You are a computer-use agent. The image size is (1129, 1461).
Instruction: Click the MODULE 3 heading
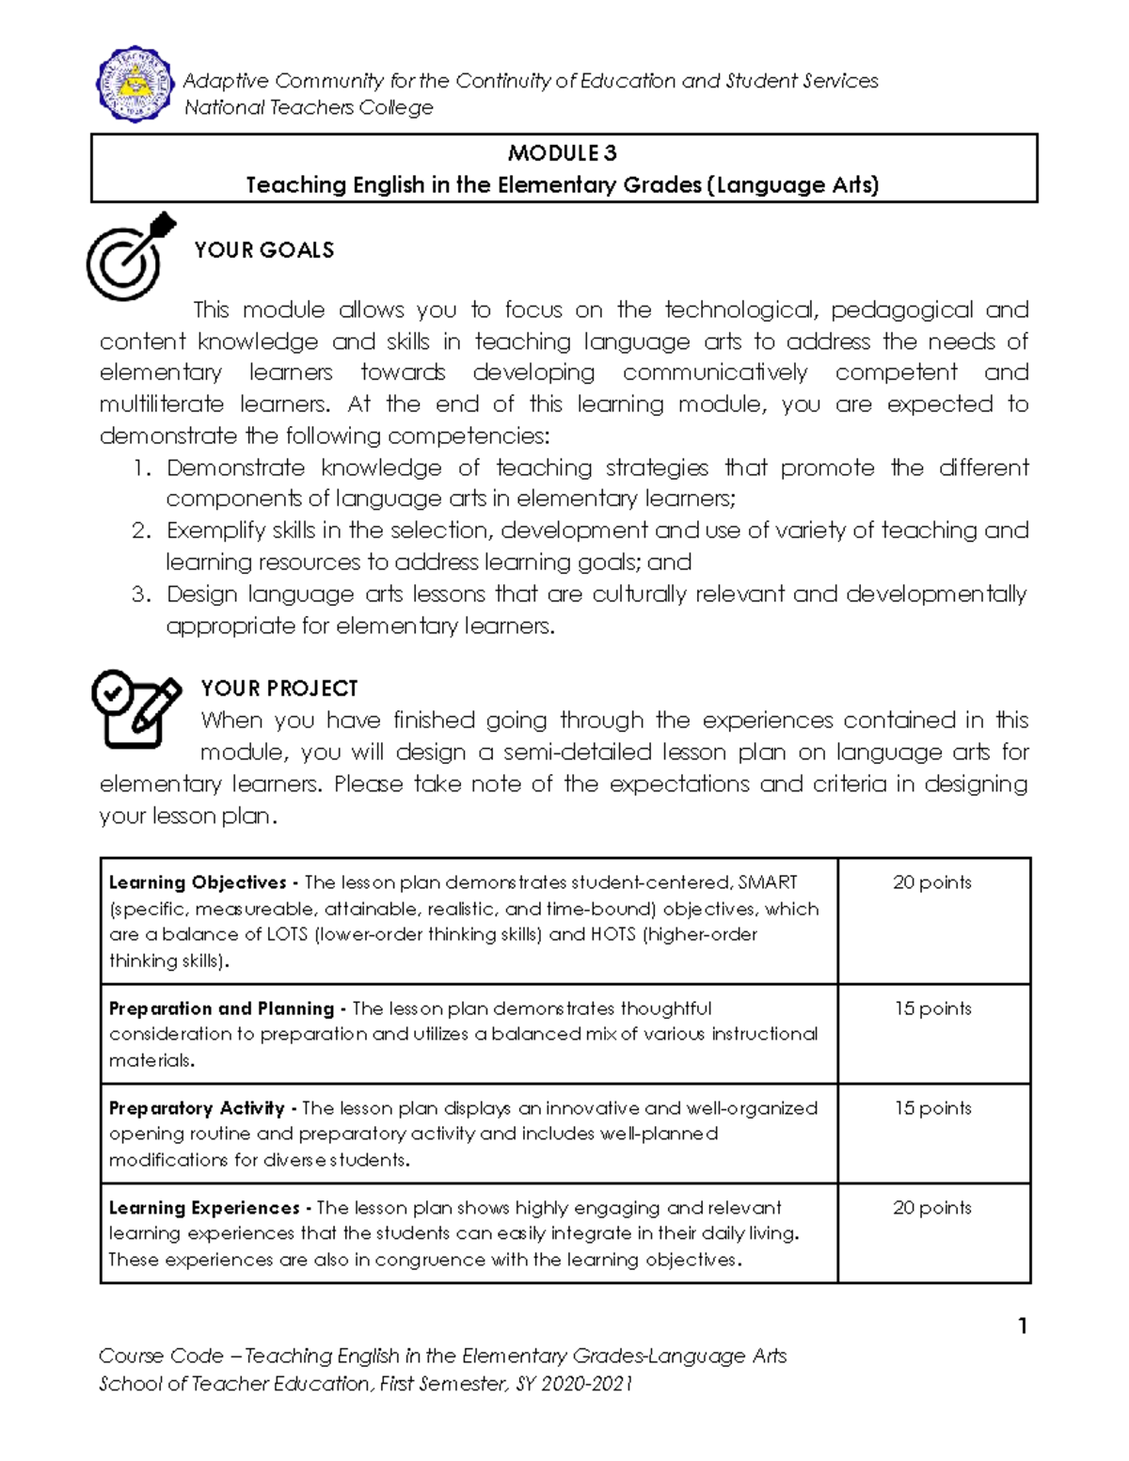(x=563, y=152)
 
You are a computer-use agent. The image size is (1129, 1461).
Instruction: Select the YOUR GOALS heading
(x=264, y=250)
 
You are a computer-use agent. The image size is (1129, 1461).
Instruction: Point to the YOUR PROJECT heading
(x=279, y=689)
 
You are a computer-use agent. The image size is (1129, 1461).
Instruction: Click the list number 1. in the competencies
(x=141, y=468)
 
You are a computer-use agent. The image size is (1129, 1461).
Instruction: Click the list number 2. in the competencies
(x=141, y=531)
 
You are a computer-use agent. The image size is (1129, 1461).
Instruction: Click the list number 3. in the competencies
(x=141, y=595)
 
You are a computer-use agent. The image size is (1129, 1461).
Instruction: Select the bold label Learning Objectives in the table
(x=198, y=882)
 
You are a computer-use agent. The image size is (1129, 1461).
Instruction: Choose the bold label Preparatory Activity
(x=197, y=1108)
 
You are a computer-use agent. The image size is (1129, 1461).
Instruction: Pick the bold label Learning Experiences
(x=204, y=1208)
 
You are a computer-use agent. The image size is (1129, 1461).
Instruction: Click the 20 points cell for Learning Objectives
(x=931, y=882)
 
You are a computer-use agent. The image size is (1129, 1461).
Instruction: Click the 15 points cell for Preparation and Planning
(x=932, y=1008)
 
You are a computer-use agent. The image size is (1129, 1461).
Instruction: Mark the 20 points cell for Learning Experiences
(x=931, y=1208)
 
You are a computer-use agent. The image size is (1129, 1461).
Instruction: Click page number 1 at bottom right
(x=1022, y=1326)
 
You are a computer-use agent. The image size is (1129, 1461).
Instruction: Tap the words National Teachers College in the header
(x=309, y=108)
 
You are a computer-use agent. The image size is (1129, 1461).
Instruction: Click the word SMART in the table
(x=768, y=882)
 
